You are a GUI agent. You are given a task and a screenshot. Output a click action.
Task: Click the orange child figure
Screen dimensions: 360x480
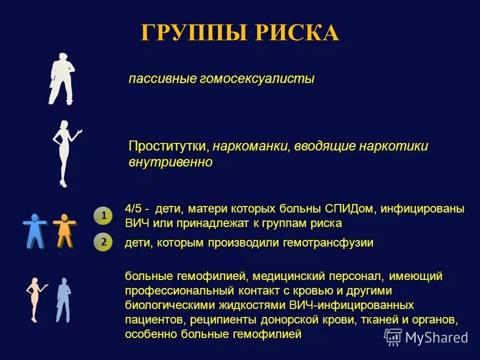(x=64, y=230)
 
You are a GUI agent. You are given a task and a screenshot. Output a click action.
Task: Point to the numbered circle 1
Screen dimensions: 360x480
(x=103, y=216)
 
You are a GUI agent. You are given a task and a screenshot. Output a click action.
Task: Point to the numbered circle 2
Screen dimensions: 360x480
(x=103, y=242)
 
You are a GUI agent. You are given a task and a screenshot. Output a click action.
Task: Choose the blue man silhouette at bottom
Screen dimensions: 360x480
(x=63, y=299)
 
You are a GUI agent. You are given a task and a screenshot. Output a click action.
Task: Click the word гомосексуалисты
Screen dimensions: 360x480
(x=257, y=79)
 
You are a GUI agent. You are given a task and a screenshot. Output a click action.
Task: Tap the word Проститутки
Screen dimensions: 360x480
(x=168, y=146)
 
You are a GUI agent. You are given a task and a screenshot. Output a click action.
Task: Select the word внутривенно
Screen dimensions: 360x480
(x=170, y=162)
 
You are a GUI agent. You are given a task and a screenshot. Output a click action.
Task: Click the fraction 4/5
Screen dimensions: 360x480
(x=134, y=208)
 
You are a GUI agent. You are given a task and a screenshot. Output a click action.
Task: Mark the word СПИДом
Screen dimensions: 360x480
(x=352, y=208)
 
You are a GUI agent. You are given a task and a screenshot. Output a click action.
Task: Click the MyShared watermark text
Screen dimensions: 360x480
(x=436, y=337)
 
